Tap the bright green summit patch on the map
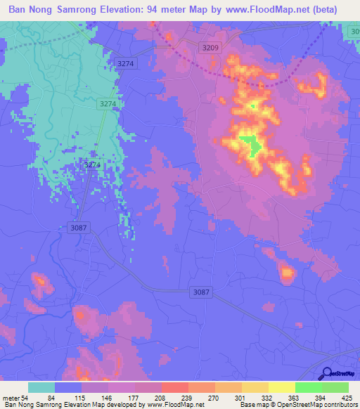point(249,145)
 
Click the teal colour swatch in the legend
point(41,387)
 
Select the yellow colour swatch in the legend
point(281,387)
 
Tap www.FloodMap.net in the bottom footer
point(174,405)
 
